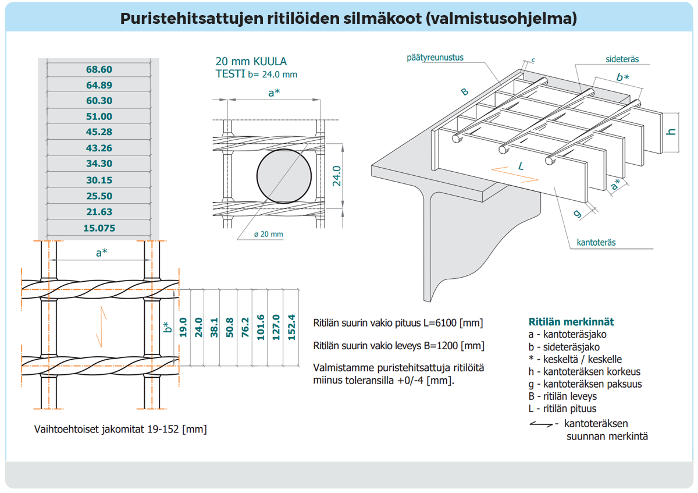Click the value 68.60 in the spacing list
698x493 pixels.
point(99,69)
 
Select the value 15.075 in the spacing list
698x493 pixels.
point(99,228)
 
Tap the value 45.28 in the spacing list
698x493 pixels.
point(99,132)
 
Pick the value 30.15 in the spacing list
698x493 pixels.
point(99,180)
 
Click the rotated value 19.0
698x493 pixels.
point(183,327)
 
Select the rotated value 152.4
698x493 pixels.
point(291,327)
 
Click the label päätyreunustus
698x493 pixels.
point(439,58)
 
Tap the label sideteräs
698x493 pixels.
point(622,59)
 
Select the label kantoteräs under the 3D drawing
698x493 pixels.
point(596,242)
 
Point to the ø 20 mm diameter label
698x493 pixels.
point(268,234)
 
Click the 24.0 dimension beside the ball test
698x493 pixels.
point(336,175)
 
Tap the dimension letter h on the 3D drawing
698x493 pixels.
point(672,132)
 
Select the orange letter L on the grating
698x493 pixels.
point(521,166)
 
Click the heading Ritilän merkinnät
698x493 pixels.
point(571,322)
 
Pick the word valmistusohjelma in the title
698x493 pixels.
point(501,18)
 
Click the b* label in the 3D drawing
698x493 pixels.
point(622,77)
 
